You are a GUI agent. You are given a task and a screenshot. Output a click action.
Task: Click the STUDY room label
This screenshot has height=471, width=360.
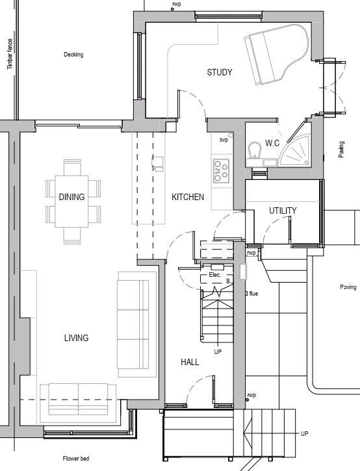(220, 72)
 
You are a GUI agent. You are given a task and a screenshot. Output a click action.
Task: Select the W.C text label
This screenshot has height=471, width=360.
(272, 143)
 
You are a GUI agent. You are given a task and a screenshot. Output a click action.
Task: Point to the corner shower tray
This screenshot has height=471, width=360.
(297, 152)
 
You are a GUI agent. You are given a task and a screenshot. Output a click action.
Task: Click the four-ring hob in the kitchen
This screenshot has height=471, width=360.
(221, 170)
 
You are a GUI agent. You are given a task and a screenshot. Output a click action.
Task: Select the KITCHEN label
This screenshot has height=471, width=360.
(188, 197)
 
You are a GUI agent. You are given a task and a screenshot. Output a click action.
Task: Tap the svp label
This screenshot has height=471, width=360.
(224, 140)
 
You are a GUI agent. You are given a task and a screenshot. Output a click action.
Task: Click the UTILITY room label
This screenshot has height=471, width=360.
(283, 210)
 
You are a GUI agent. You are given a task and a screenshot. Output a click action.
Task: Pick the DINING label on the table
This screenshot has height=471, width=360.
(71, 197)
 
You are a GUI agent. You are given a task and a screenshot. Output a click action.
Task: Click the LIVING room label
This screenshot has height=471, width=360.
(76, 338)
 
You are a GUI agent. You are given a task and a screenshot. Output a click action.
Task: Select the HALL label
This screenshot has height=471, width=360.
(190, 362)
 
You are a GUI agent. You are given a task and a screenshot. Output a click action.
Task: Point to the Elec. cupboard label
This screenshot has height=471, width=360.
(215, 275)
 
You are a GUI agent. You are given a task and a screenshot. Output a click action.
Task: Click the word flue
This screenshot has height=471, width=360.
(253, 294)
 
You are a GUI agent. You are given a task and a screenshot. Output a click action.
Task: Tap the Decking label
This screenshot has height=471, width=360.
(73, 55)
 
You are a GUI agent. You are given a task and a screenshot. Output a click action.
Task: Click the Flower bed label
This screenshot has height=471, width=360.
(76, 458)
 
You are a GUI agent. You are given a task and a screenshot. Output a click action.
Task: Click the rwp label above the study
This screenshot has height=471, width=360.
(176, 4)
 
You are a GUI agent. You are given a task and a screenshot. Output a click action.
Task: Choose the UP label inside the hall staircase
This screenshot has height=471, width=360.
(218, 351)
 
